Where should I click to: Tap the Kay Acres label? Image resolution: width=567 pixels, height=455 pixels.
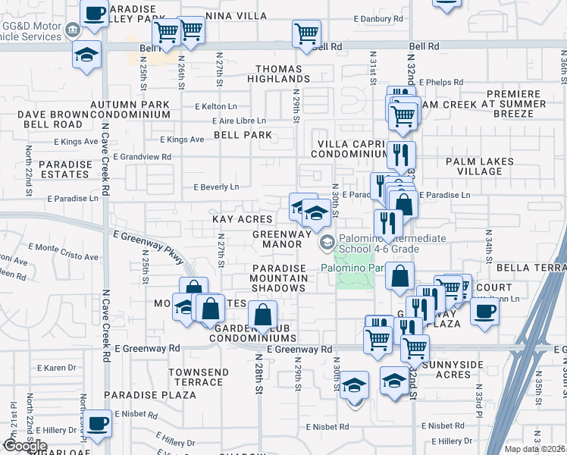click(x=242, y=219)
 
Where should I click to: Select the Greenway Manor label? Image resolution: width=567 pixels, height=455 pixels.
click(x=282, y=240)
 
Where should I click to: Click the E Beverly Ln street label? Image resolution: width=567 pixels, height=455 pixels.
click(x=217, y=187)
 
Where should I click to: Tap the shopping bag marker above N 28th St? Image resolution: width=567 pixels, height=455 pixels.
click(x=263, y=315)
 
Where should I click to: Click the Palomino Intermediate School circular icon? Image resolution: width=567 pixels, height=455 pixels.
click(x=327, y=243)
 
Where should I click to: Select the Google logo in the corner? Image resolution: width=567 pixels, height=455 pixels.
click(x=25, y=446)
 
